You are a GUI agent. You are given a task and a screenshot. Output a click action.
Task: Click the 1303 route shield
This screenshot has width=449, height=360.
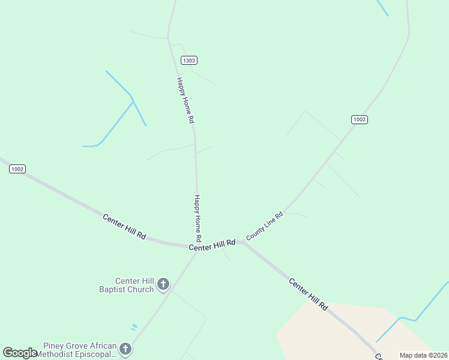coord(189,61)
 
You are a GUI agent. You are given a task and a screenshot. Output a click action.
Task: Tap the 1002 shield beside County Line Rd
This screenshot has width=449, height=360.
coord(359,119)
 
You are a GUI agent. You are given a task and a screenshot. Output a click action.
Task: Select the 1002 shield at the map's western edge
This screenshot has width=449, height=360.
coord(17,169)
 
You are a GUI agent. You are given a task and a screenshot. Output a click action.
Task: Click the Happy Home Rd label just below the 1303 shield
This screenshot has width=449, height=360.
coord(185,100)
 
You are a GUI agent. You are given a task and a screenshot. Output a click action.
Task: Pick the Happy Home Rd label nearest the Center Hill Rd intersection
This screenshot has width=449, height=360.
coord(198,218)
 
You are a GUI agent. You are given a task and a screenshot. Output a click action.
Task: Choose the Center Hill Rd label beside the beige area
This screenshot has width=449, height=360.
coord(309,293)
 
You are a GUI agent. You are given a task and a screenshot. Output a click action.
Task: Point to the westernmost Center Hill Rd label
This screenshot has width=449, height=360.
coord(124,227)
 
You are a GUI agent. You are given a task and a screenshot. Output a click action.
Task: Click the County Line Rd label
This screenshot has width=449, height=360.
coord(264,226)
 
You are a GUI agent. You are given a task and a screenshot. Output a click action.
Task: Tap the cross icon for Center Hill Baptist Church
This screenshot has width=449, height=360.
coord(163,284)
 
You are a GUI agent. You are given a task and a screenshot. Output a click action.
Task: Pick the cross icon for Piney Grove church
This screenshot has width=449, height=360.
coord(125,349)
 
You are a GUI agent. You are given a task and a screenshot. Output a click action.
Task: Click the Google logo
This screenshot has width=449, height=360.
coord(19,353)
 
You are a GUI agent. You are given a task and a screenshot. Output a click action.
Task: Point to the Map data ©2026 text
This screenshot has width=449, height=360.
coord(423,355)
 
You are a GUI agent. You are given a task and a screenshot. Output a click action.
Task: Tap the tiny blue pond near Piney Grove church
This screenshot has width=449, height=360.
coord(134,327)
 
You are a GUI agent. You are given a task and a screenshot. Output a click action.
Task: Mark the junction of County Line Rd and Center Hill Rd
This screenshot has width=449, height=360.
coord(242,242)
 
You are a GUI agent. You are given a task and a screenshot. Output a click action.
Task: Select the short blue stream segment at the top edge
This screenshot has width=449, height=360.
coord(382,7)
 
